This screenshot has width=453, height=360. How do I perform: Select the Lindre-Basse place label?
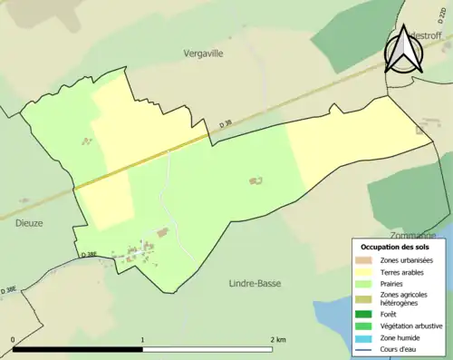coord(255,283)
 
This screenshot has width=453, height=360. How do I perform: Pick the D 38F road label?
coord(89,255)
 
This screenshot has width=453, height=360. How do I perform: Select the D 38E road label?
coord(10,289)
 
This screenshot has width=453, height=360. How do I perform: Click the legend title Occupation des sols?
coord(395,247)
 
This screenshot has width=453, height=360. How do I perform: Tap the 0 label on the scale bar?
coord(13,339)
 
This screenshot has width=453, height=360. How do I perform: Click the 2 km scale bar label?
coord(277,339)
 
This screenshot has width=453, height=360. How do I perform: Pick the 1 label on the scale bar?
coord(142,339)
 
